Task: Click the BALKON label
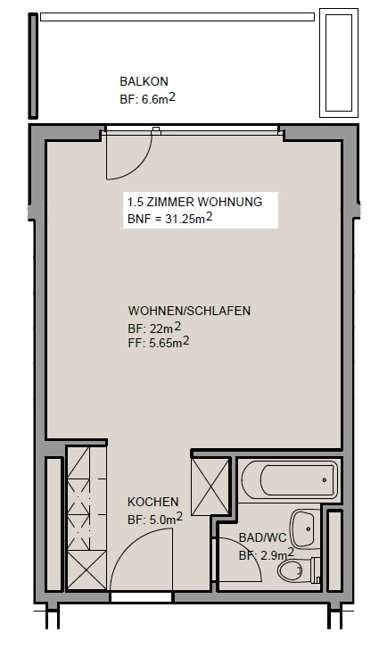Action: (144, 81)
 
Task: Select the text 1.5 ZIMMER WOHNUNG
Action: (194, 202)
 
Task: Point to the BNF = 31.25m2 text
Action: (169, 219)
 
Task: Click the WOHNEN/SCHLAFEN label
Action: (189, 311)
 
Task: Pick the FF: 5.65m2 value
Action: (159, 343)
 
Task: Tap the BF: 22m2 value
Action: (154, 329)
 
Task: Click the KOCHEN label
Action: (152, 502)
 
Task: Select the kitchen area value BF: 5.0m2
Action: (155, 519)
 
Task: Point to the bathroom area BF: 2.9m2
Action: (267, 554)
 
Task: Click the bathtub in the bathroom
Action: (289, 480)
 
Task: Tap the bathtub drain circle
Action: (324, 480)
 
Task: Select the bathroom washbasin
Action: (305, 529)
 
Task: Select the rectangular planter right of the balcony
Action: (339, 62)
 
